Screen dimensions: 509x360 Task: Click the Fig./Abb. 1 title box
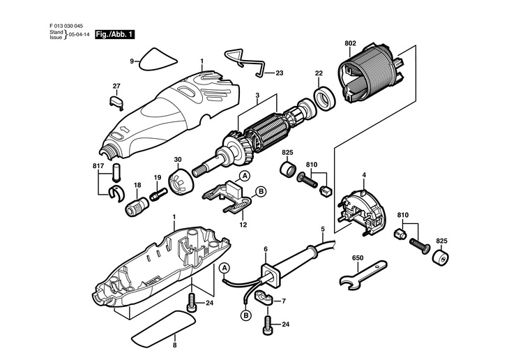114,34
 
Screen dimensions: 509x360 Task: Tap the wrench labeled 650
363,273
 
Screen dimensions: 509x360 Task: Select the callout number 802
350,43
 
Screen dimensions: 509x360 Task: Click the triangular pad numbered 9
158,60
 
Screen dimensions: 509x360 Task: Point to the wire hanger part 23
245,63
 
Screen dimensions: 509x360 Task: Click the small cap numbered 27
116,101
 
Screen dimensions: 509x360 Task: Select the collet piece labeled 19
158,195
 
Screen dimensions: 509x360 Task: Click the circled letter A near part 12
245,176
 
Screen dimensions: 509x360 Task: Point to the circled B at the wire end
246,315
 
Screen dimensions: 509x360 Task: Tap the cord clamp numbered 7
264,297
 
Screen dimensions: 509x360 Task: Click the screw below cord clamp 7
267,324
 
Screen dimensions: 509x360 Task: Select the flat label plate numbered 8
165,328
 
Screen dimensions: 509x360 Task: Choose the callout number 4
364,175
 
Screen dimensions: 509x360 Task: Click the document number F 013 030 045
66,26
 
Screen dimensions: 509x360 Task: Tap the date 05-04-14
79,35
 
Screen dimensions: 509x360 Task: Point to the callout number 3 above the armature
257,96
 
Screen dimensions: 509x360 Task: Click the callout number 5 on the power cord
323,229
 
